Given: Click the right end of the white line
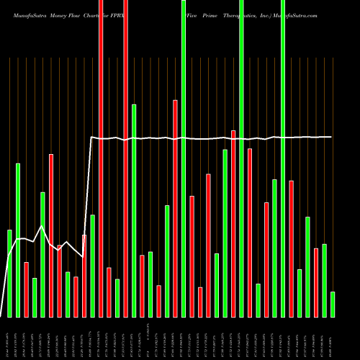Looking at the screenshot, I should coord(331,137).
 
